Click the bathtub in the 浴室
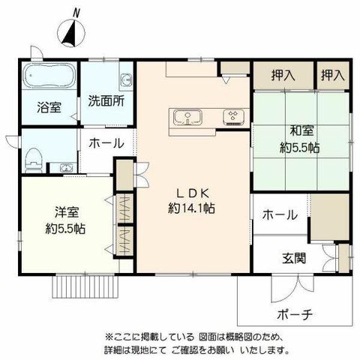coord(49,76)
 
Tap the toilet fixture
coord(33,160)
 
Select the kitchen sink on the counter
coord(188,118)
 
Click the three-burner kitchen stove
coord(234,117)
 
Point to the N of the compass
coord(76,13)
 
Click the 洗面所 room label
coord(106,102)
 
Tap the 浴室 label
coord(49,107)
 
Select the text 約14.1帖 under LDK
coord(191,208)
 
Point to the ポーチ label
coord(295,314)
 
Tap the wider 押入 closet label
coord(283,75)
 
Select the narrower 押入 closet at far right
coord(333,75)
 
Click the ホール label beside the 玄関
coord(280,214)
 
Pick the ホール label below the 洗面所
coord(106,143)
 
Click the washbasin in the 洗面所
coord(126,79)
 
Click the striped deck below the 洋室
coord(85,286)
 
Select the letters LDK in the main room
coord(192,193)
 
